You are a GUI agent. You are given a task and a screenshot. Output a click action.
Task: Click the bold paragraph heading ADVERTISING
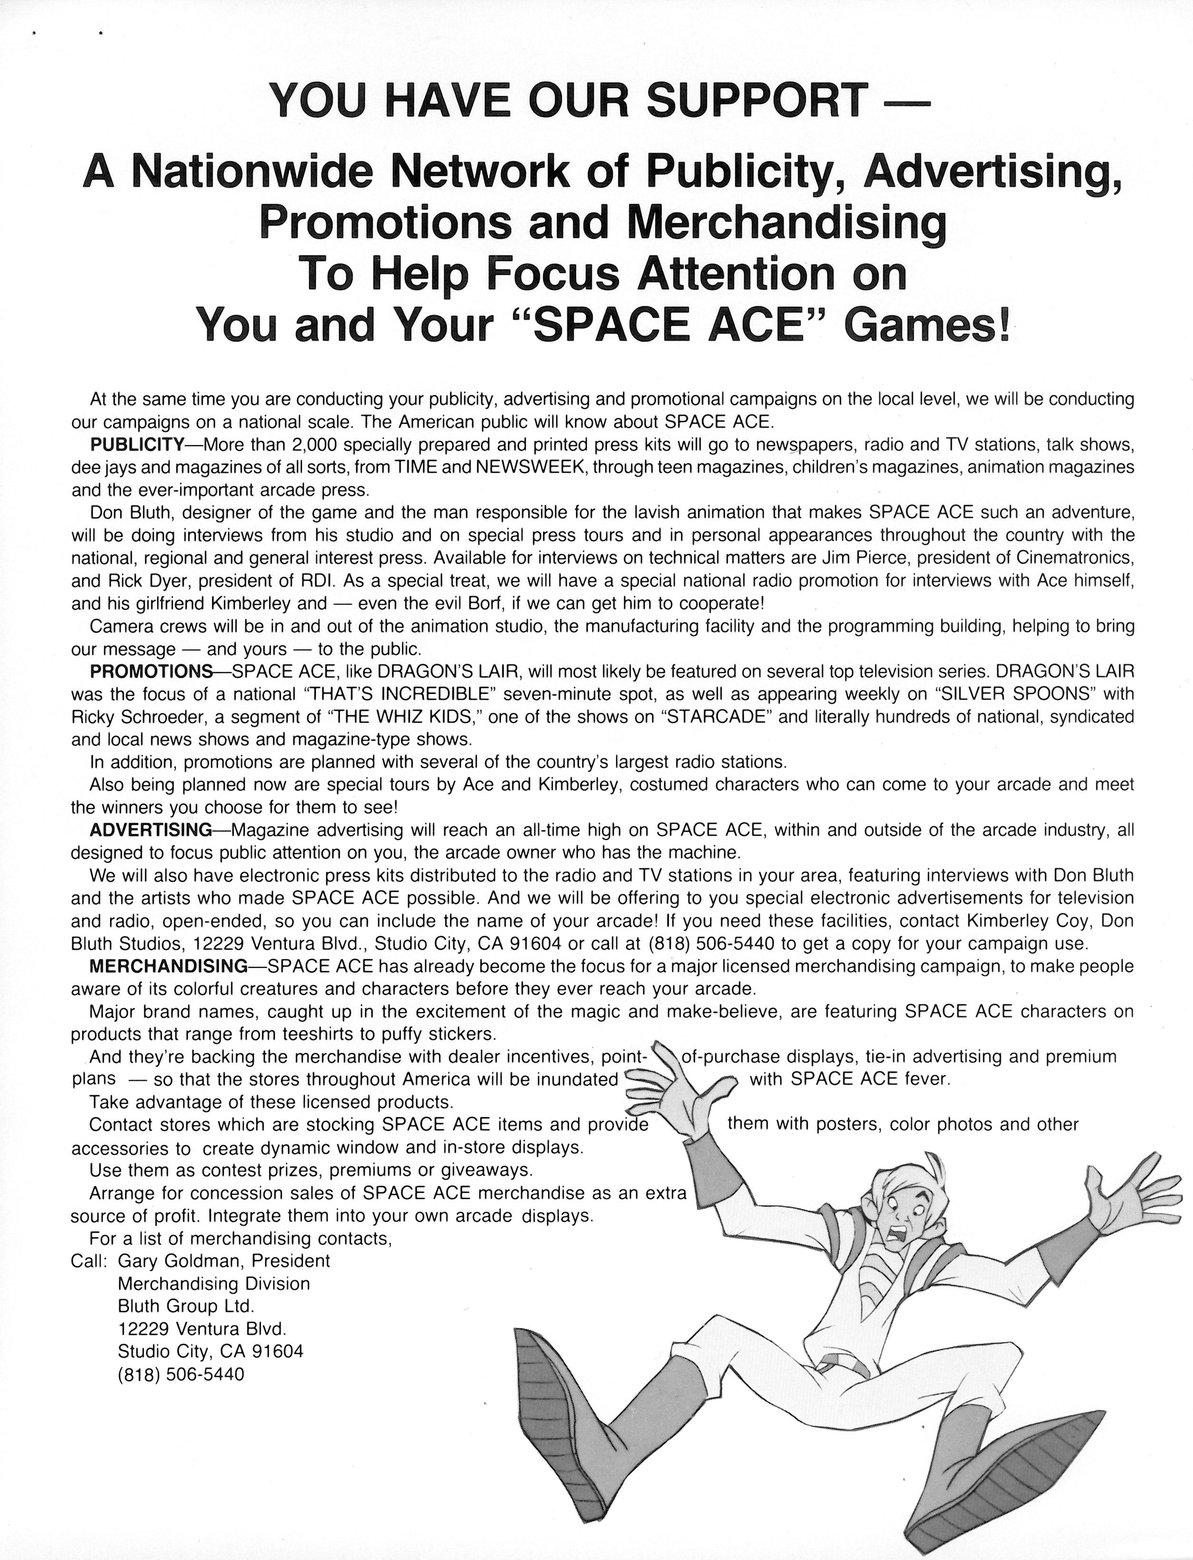[x=150, y=829]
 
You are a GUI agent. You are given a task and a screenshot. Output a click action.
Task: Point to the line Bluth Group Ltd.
[x=186, y=1306]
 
